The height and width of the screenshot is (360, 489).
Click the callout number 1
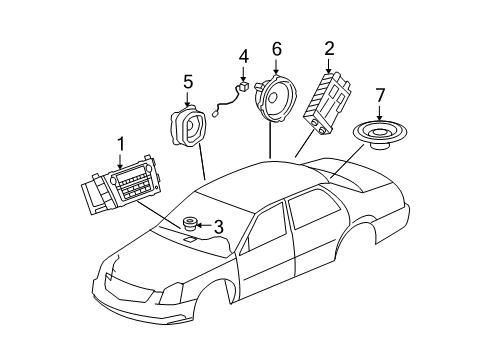(120, 146)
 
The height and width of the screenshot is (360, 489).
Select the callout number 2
(329, 47)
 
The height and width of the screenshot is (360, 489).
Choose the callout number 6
(277, 47)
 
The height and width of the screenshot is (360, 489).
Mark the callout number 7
(379, 95)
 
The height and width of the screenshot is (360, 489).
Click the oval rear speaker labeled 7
(381, 134)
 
